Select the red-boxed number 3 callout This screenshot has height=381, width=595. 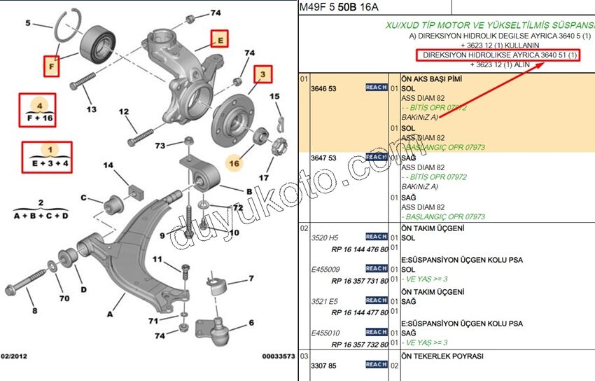click(x=262, y=74)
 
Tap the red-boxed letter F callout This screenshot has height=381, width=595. click(x=50, y=67)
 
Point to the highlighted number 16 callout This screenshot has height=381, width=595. click(x=234, y=162)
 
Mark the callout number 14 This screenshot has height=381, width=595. click(x=108, y=165)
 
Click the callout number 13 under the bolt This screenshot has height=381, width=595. click(x=92, y=109)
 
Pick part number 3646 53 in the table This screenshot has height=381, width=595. click(x=324, y=88)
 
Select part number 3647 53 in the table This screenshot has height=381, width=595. click(x=324, y=158)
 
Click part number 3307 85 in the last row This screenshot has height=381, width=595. click(x=324, y=365)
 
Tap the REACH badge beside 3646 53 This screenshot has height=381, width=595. click(x=376, y=88)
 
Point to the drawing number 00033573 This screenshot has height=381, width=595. click(x=279, y=356)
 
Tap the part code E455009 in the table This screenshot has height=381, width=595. click(x=326, y=269)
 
